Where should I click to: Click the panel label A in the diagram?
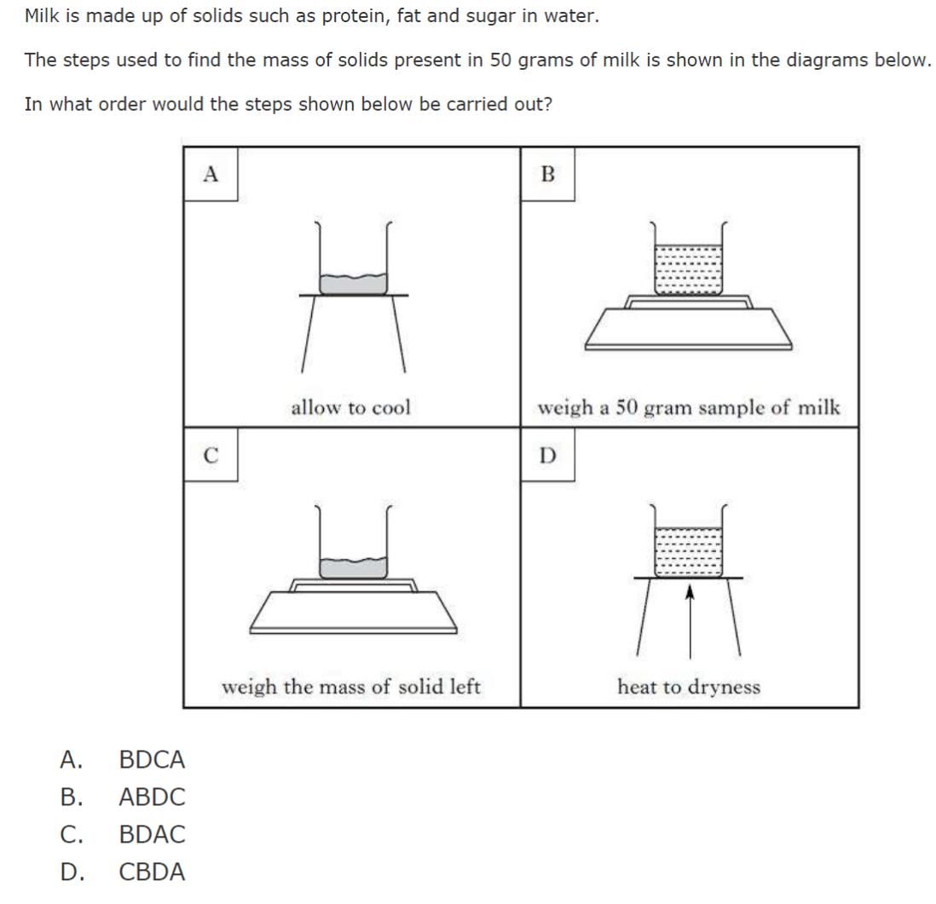coord(211,175)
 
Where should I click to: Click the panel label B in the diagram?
coord(547,175)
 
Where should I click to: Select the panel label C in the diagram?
coord(211,456)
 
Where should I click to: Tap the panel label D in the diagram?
coord(547,456)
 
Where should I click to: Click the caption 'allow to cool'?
coord(350,407)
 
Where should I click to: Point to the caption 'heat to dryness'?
coord(688,687)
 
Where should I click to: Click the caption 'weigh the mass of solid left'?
coord(350,687)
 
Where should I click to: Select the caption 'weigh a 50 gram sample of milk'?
coord(688,407)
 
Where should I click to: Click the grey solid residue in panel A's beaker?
coord(353,284)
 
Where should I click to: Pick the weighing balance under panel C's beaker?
coord(353,608)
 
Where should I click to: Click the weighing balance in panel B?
coord(688,328)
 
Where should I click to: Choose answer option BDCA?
coord(152,759)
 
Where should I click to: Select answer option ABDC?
coord(152,797)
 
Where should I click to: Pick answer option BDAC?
coord(152,835)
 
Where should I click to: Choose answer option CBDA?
coord(152,872)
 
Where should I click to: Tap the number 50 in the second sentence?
coord(500,60)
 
